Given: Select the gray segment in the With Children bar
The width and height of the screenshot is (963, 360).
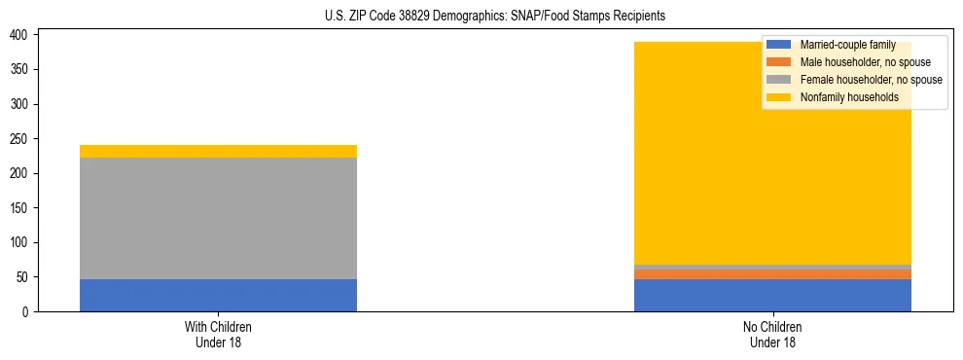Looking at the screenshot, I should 218,218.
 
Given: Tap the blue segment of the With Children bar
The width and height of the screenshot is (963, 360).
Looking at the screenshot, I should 218,295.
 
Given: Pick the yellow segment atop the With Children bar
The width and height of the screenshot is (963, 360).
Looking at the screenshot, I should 218,151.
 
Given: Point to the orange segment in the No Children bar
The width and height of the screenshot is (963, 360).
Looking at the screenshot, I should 772,274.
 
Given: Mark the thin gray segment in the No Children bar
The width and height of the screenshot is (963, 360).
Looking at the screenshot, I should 772,267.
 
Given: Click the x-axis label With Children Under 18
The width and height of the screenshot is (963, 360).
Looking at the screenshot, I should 218,334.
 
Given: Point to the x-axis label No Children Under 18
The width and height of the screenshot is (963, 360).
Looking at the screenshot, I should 772,334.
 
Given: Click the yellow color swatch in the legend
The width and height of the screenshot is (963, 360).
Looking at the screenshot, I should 779,97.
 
